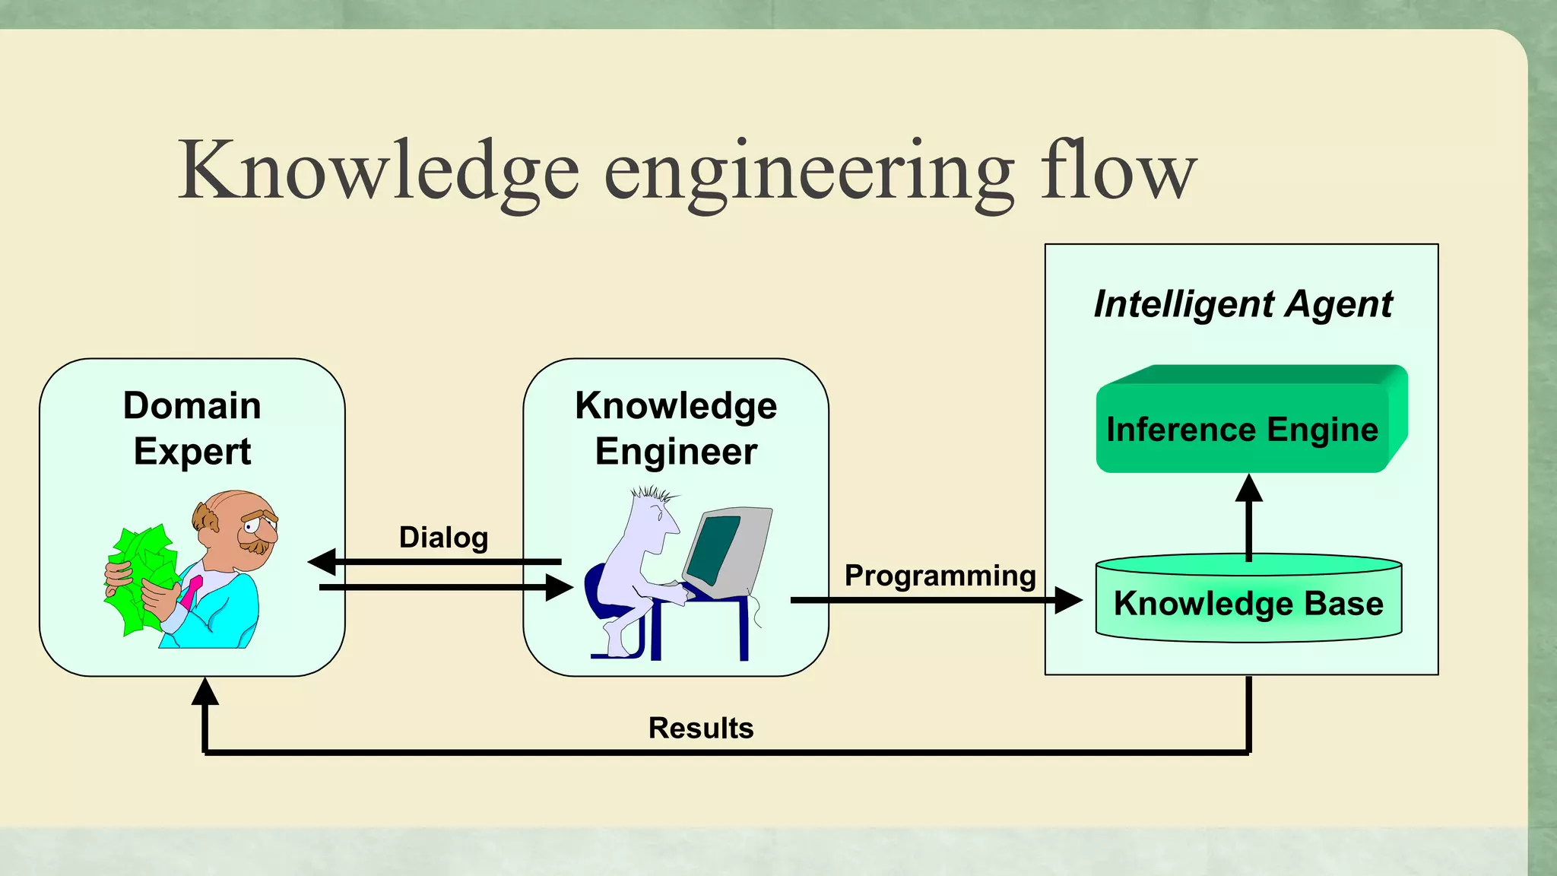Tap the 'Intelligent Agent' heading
coord(1243,304)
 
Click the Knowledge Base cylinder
coord(1248,604)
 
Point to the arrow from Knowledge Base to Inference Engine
coord(1248,517)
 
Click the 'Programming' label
coord(940,576)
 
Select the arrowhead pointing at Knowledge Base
coord(1067,600)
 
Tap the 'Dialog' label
coord(443,538)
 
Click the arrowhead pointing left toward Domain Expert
coord(322,562)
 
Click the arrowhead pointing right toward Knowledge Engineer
coord(560,587)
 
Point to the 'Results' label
coord(701,728)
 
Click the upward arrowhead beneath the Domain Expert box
coord(205,692)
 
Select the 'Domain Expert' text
coord(192,428)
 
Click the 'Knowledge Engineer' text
coord(676,428)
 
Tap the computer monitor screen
coord(714,547)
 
